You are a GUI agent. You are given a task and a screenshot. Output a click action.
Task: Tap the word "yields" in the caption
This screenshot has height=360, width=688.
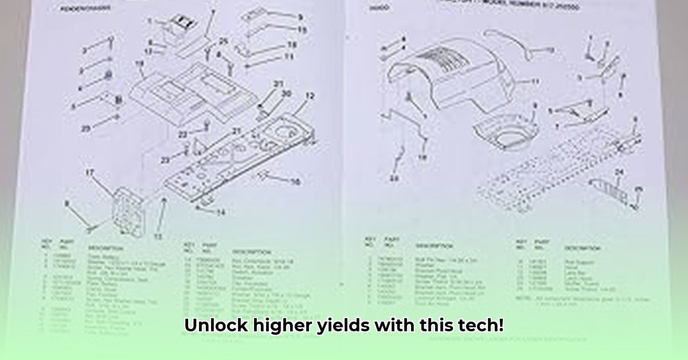coord(343,326)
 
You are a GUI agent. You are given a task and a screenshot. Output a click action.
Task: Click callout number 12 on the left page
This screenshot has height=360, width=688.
coord(309,97)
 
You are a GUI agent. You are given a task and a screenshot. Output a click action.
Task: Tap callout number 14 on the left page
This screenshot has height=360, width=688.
coord(220,212)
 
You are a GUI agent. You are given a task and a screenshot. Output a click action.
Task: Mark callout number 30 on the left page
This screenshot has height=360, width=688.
coord(286,93)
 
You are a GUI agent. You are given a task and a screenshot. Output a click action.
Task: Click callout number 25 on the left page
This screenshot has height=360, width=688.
coord(223,41)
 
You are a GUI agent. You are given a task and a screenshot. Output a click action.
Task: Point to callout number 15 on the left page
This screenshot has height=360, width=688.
coord(302,30)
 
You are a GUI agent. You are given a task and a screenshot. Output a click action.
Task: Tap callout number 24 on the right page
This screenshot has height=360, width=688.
coord(619,171)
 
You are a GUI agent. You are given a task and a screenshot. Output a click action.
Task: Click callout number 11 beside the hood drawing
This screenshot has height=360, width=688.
coord(535,82)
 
